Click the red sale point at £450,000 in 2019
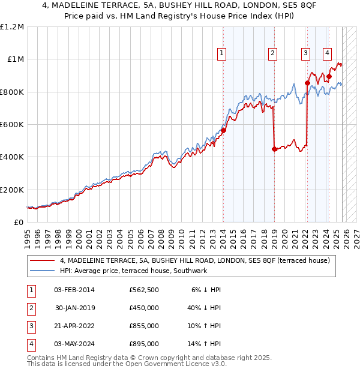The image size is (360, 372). [x=274, y=149]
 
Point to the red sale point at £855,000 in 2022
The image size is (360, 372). [x=307, y=83]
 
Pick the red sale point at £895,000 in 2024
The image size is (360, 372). [x=329, y=77]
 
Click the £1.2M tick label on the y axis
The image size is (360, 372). [x=11, y=27]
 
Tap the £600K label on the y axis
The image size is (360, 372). [x=11, y=125]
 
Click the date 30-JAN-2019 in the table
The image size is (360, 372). [x=75, y=308]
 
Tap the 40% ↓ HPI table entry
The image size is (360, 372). [x=204, y=308]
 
